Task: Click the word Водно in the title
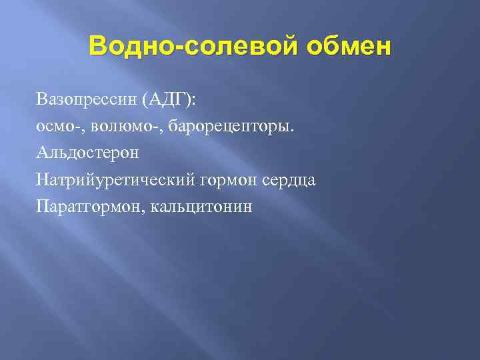coord(129,47)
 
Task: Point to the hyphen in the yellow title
coord(175,49)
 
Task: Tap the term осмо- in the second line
coord(59,127)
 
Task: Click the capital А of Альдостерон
coord(43,153)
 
